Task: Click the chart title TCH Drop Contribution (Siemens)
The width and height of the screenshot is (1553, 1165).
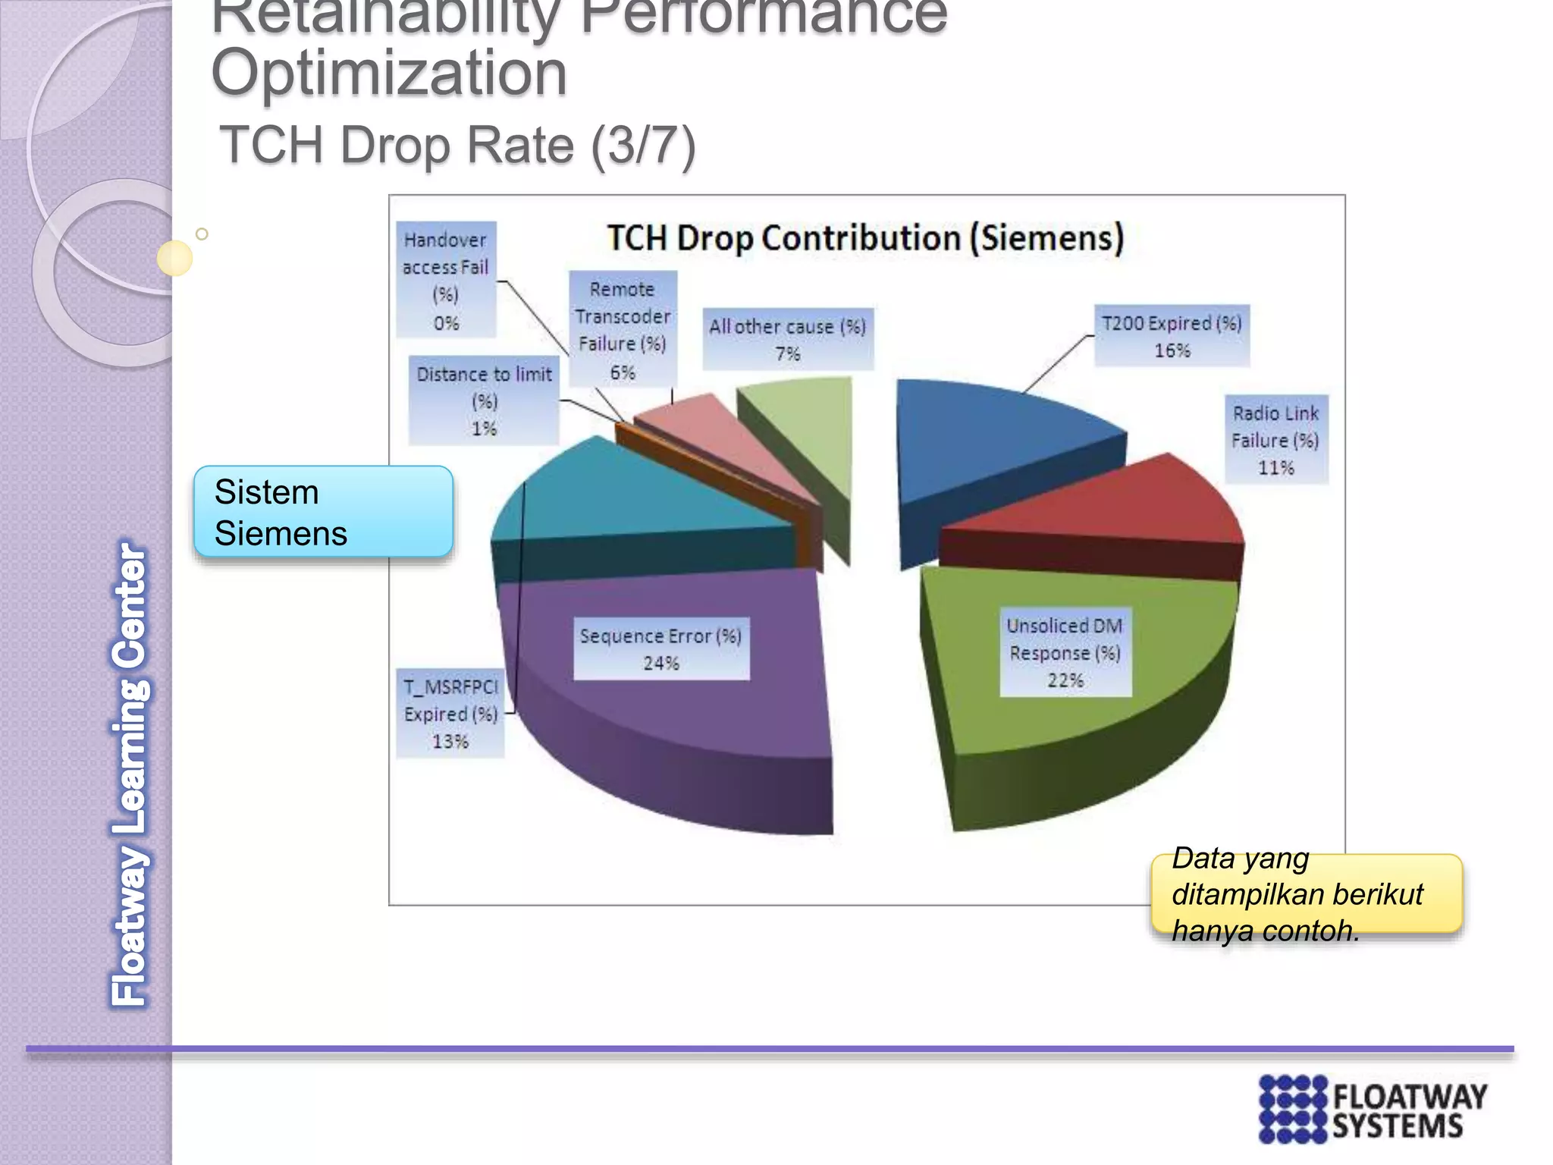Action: tap(864, 238)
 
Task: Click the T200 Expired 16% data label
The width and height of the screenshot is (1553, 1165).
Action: tap(1172, 336)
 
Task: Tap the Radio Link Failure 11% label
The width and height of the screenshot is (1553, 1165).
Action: tap(1276, 440)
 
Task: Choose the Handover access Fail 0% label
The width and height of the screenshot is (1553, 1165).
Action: tap(446, 280)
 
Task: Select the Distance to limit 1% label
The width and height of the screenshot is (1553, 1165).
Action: tap(484, 400)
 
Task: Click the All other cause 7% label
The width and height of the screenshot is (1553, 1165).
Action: tap(787, 339)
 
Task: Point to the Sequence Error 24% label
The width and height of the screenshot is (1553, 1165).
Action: tap(661, 649)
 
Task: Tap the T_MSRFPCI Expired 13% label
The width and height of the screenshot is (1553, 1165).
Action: tap(450, 714)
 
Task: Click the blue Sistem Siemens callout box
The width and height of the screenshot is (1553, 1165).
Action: tap(323, 512)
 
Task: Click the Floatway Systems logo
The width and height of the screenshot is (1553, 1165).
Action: tap(1373, 1109)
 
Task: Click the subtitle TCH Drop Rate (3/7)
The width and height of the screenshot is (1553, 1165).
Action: tap(457, 145)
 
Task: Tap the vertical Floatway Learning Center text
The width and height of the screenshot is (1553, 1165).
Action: tap(130, 774)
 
